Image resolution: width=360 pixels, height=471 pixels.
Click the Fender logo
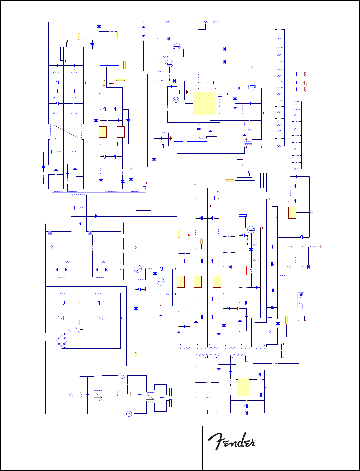point(232,441)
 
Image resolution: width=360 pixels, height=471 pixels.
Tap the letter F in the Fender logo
point(215,441)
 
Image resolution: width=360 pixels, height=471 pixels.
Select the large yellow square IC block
point(204,103)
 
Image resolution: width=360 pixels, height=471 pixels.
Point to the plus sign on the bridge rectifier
point(64,334)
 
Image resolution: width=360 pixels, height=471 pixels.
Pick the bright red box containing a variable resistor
point(251,271)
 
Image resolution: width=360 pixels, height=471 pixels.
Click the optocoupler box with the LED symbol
point(300,300)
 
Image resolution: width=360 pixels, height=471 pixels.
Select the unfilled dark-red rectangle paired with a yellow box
point(120,132)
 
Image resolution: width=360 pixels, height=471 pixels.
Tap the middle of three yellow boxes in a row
point(197,282)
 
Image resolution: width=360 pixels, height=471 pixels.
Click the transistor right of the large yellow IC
point(252,86)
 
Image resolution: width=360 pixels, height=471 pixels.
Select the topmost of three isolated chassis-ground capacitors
point(295,73)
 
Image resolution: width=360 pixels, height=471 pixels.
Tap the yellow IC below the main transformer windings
point(243,387)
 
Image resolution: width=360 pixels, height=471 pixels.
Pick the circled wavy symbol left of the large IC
point(176,100)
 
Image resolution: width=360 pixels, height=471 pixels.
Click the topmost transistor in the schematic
point(177,47)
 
